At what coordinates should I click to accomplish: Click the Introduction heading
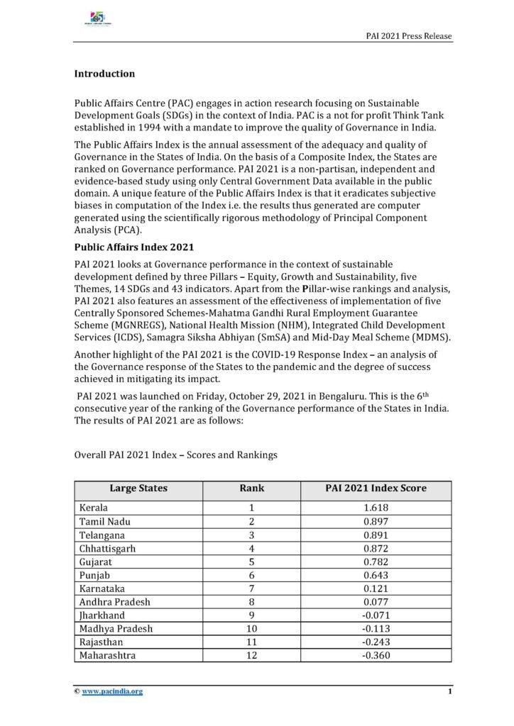coord(105,74)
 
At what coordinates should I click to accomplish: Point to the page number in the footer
coord(450,691)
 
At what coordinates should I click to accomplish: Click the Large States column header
coord(138,488)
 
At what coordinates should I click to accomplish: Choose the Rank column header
coord(253,488)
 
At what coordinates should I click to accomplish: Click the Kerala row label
coord(94,508)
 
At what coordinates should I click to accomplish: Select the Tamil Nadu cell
coord(104,522)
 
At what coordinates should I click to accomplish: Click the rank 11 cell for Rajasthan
coord(253,642)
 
